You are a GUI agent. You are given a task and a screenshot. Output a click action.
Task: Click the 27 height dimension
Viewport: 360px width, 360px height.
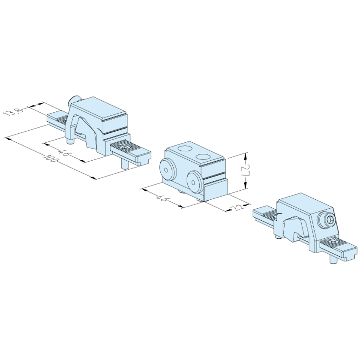245,171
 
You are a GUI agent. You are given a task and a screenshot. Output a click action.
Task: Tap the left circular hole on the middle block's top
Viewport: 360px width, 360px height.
185,149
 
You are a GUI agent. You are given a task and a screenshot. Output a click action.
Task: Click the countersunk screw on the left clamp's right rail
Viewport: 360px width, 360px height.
126,147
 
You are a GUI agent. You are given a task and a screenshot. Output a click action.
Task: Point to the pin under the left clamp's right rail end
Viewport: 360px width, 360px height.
123,164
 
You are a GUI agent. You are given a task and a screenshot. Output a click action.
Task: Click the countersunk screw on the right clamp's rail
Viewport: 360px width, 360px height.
333,243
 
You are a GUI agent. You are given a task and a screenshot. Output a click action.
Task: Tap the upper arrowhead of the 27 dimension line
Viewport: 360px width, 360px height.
245,155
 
